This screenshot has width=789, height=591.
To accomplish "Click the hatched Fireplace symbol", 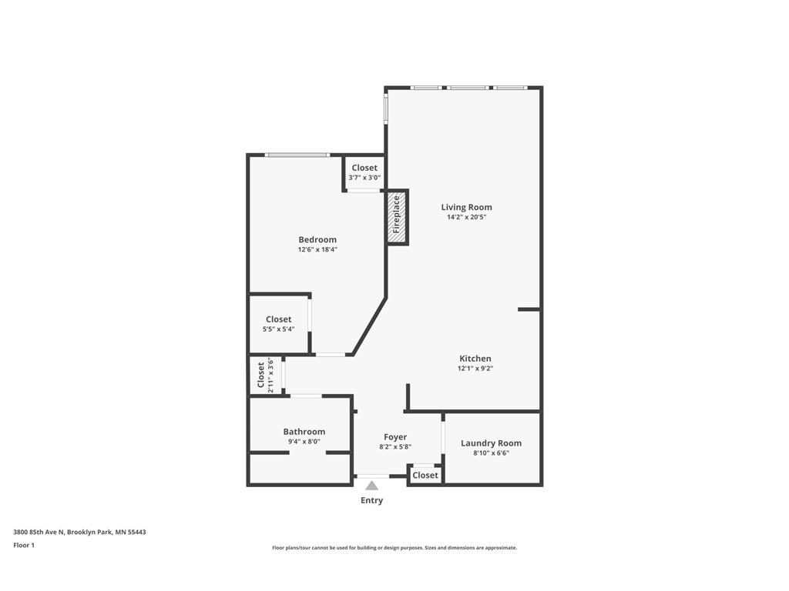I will pyautogui.click(x=397, y=217).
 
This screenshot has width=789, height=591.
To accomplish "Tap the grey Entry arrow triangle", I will pyautogui.click(x=372, y=486).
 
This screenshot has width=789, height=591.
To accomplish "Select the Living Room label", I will pyautogui.click(x=466, y=207).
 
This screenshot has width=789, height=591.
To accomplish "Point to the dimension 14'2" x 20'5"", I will pyautogui.click(x=466, y=218).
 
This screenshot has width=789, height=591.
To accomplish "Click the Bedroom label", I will pyautogui.click(x=317, y=239).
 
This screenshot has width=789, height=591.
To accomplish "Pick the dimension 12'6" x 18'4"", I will pyautogui.click(x=317, y=249).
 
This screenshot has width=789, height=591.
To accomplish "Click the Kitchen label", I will pyautogui.click(x=475, y=359).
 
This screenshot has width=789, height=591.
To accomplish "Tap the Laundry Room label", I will pyautogui.click(x=491, y=443).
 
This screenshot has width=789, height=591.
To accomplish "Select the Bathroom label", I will pyautogui.click(x=304, y=432).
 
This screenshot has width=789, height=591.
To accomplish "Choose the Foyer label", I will pyautogui.click(x=395, y=437).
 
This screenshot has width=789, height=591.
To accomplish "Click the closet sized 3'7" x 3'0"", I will pyautogui.click(x=364, y=172).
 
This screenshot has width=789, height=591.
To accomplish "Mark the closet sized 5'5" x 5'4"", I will pyautogui.click(x=278, y=324).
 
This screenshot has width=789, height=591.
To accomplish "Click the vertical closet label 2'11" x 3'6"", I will pyautogui.click(x=265, y=376).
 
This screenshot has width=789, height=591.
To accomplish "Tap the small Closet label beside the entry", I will pyautogui.click(x=425, y=476).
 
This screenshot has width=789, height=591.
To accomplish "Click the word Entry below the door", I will pyautogui.click(x=371, y=501).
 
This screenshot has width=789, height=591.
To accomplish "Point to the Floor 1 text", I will pyautogui.click(x=24, y=546).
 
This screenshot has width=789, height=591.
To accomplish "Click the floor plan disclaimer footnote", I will pyautogui.click(x=394, y=548).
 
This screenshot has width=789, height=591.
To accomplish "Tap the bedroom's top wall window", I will pyautogui.click(x=297, y=155).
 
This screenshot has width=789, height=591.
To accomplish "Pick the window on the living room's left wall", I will pyautogui.click(x=386, y=108).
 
